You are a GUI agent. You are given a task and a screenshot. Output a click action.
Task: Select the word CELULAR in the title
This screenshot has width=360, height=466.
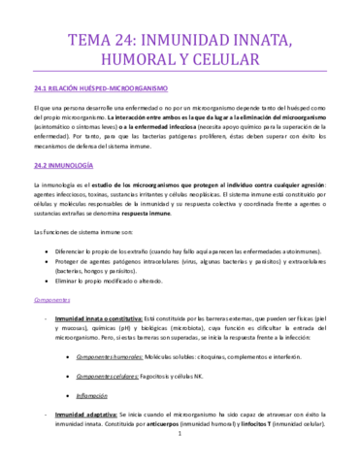[226, 63]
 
